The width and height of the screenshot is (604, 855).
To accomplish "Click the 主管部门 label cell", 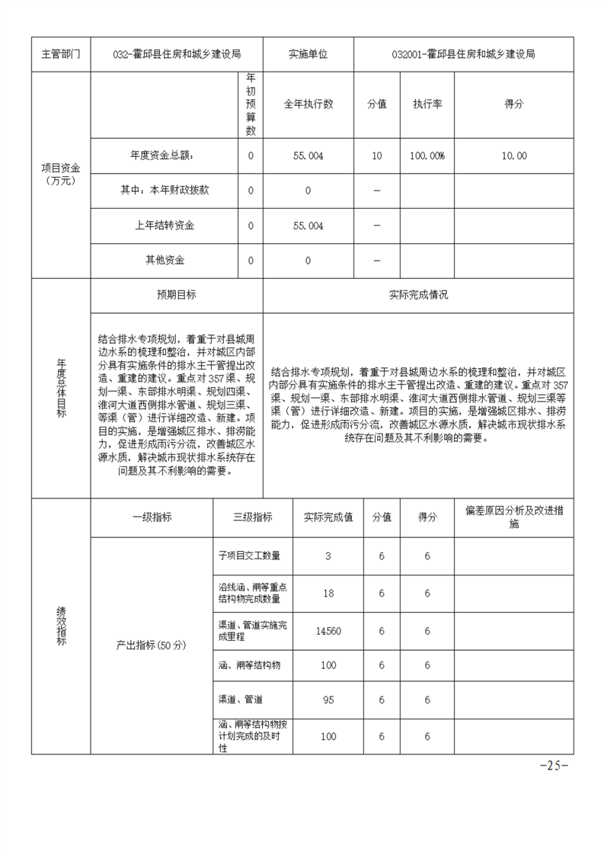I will click(60, 55).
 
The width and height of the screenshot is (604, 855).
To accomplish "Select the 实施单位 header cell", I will click(308, 55).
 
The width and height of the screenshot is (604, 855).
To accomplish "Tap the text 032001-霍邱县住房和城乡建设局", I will click(463, 55).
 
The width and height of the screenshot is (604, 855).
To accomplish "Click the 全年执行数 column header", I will click(308, 104).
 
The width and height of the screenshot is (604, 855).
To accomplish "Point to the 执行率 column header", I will click(427, 104).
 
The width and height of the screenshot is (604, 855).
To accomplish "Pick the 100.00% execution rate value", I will click(427, 155).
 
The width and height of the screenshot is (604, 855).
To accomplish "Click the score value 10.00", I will click(514, 155).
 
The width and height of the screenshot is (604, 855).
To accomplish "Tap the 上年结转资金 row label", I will click(164, 226).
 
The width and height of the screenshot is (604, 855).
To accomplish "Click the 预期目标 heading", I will click(176, 295).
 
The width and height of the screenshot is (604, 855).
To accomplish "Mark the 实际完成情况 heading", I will click(418, 295).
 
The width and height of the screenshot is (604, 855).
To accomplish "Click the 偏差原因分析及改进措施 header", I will click(514, 517).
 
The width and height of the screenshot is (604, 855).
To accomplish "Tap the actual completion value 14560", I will click(328, 630).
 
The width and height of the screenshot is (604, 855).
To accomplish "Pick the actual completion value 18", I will click(328, 593).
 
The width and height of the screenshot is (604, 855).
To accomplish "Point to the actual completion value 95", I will click(328, 699).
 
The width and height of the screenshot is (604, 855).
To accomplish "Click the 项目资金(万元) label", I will click(60, 173).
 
